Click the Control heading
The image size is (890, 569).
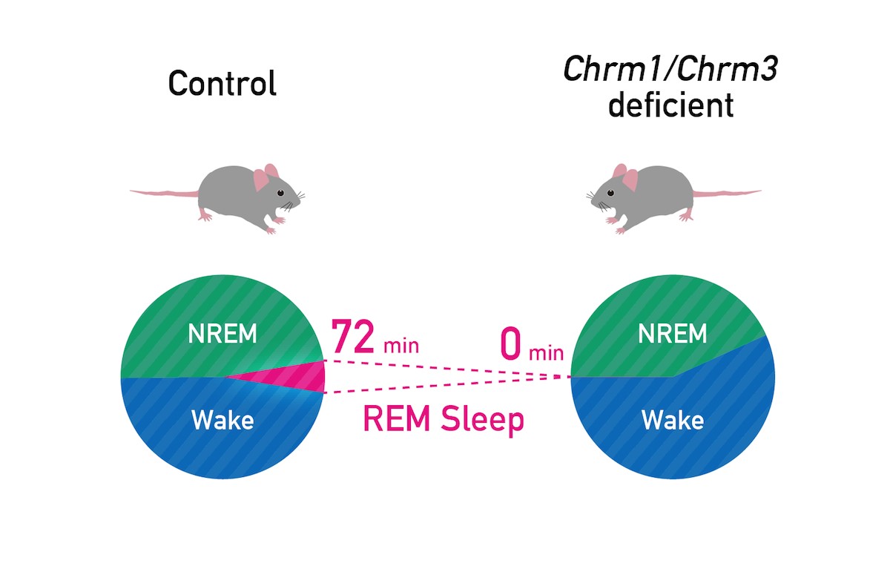[x=222, y=83]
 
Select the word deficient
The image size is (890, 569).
[x=670, y=106]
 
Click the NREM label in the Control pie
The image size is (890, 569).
[x=222, y=335]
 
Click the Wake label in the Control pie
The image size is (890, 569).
[x=222, y=421]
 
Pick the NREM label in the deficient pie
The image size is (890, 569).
[x=673, y=335]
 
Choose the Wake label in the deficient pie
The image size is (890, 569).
[x=673, y=421]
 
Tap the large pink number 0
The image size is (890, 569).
[x=511, y=344]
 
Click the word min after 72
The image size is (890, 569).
[x=401, y=346]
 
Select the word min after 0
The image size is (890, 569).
[x=546, y=352]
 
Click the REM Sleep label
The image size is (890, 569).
[x=443, y=419]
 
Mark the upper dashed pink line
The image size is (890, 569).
[x=445, y=369]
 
